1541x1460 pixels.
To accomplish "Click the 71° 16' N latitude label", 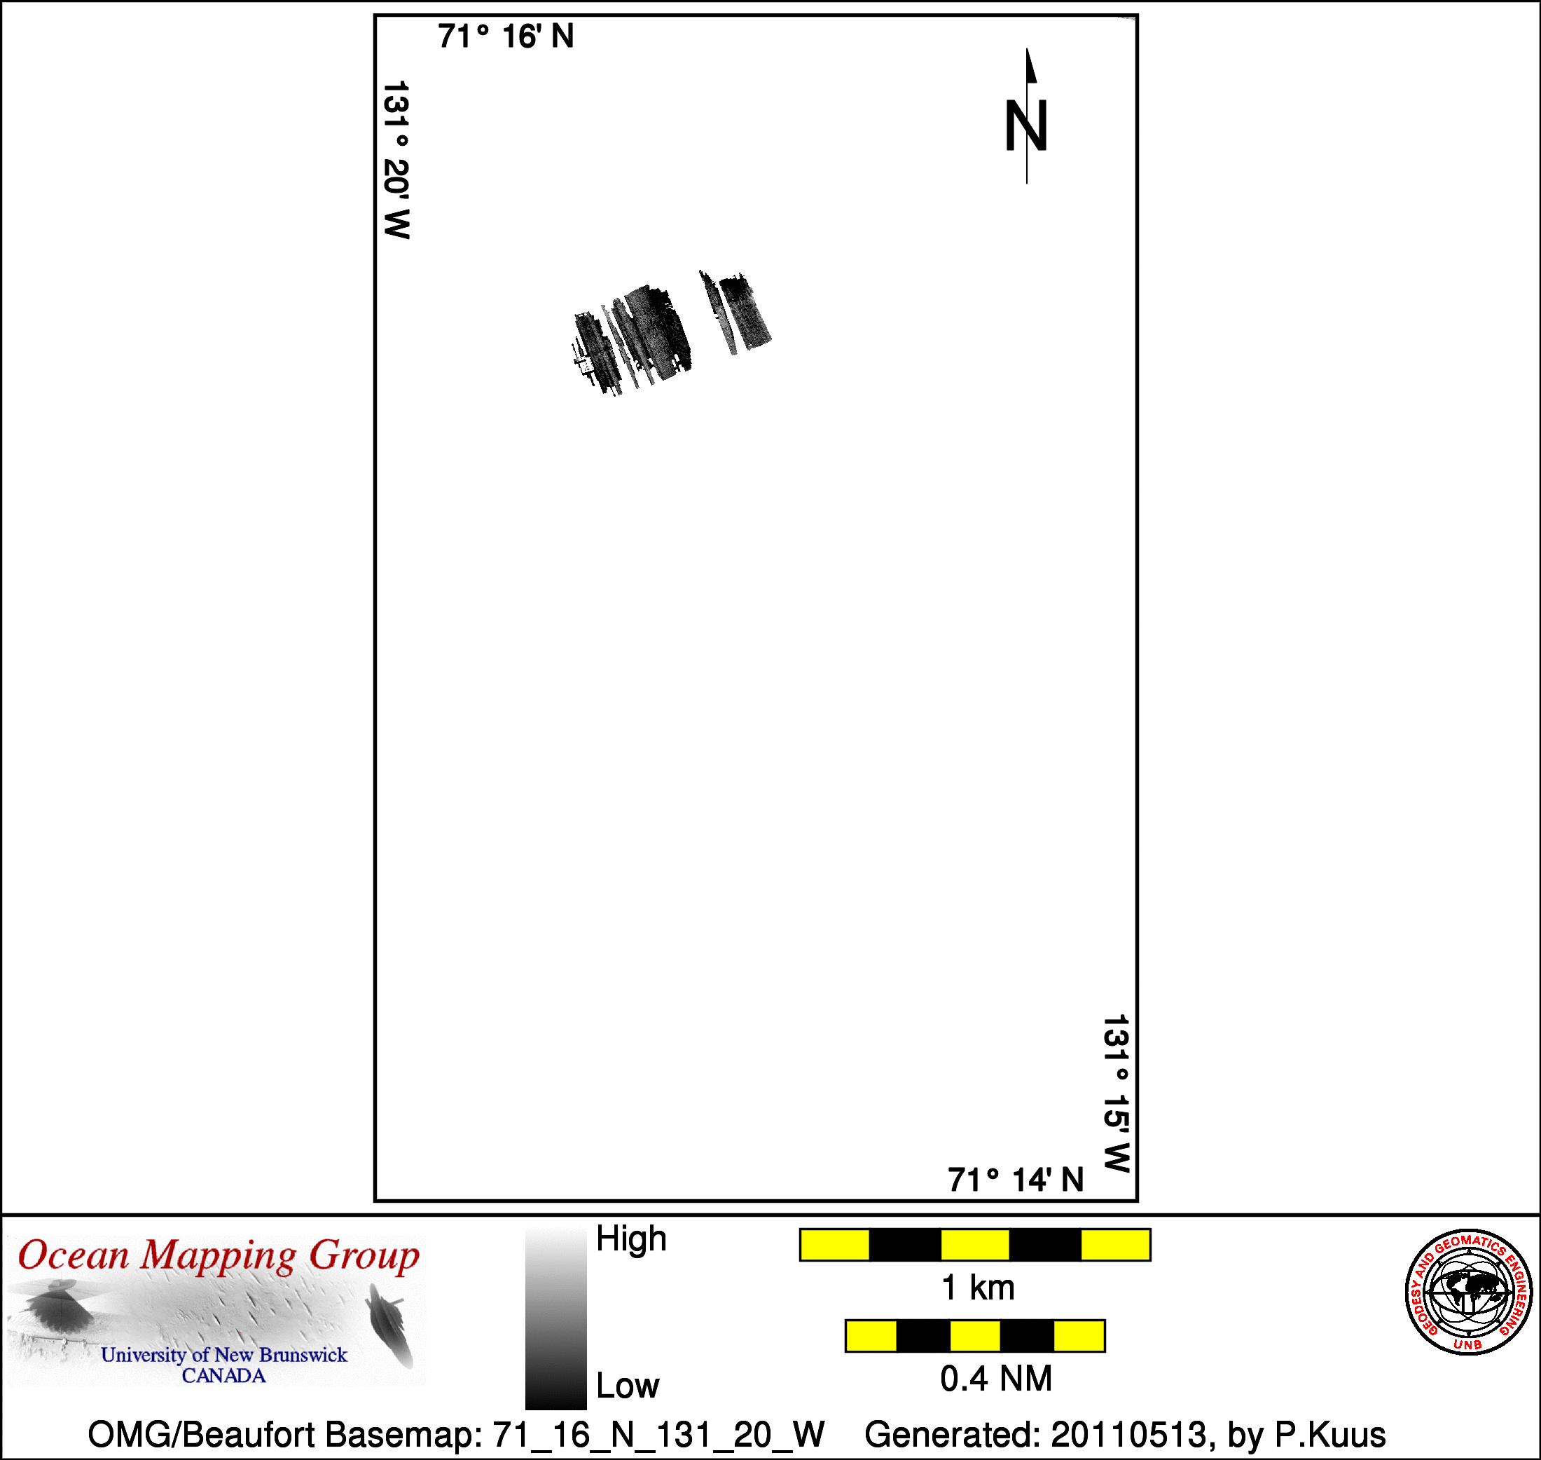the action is click(x=506, y=36).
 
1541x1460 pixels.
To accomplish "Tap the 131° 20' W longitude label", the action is click(x=396, y=160).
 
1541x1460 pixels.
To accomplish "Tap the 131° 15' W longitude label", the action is click(x=1117, y=1093).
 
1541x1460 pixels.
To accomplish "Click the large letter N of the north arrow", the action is click(x=1026, y=125).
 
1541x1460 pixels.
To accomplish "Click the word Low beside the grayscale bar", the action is click(x=627, y=1386).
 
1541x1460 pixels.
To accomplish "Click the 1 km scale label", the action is click(x=978, y=1288).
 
